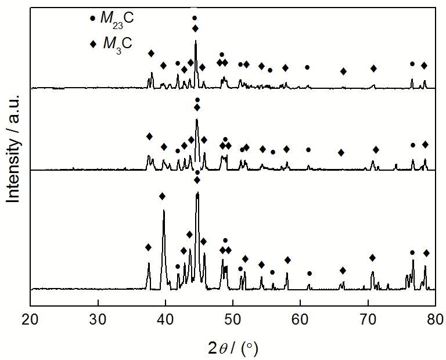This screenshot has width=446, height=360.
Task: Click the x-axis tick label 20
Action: click(x=31, y=318)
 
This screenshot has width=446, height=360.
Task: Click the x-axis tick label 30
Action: click(x=98, y=318)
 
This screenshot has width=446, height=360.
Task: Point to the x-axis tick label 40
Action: click(x=166, y=318)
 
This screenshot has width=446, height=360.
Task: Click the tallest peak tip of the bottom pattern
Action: click(x=197, y=193)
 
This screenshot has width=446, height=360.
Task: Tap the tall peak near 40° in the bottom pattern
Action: click(x=164, y=211)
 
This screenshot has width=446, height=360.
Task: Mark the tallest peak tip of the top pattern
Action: click(x=196, y=41)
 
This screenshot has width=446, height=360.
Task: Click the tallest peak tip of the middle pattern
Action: click(x=197, y=120)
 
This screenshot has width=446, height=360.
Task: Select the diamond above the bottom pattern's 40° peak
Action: click(x=162, y=196)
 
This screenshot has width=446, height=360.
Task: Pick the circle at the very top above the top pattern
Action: click(x=195, y=18)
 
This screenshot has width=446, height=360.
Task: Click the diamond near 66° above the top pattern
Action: click(x=343, y=71)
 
